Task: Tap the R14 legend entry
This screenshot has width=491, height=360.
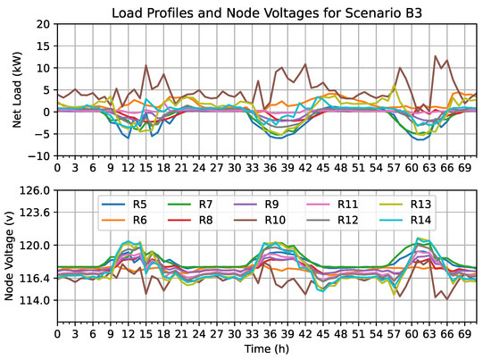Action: [x=421, y=221]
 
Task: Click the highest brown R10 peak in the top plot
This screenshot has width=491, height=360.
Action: [x=436, y=56]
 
